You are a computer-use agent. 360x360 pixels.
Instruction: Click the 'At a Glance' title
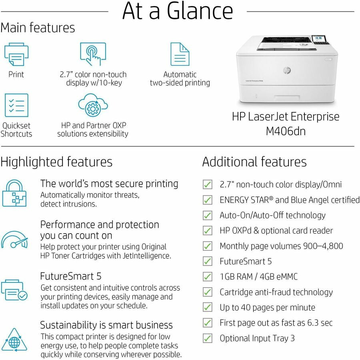click(x=178, y=11)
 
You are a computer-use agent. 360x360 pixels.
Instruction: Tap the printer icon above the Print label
click(x=16, y=54)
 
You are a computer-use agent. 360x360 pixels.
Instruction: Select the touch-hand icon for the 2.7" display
click(x=93, y=54)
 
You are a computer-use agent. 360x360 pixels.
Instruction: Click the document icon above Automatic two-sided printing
click(x=180, y=54)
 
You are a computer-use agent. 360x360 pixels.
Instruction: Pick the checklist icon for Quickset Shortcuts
click(x=16, y=105)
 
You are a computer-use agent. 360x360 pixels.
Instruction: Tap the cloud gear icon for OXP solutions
click(x=93, y=105)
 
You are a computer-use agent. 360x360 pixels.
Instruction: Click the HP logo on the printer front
click(x=287, y=70)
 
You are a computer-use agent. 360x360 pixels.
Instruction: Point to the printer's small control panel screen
click(x=318, y=38)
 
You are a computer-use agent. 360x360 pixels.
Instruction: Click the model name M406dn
click(x=286, y=131)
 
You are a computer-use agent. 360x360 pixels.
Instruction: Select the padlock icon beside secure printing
click(x=14, y=193)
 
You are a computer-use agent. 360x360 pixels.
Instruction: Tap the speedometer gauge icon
click(x=14, y=240)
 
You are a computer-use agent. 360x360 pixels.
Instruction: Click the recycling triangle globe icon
click(x=14, y=340)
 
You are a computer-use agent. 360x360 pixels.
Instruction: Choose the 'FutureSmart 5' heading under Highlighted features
click(x=71, y=276)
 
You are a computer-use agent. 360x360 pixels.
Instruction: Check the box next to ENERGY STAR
click(x=208, y=200)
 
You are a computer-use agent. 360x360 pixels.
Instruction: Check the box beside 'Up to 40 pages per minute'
click(x=208, y=307)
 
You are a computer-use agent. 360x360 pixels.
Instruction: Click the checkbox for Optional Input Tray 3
click(x=208, y=338)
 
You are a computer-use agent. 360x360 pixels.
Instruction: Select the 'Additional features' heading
click(x=254, y=162)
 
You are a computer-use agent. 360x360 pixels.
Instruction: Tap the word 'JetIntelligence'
click(x=147, y=256)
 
